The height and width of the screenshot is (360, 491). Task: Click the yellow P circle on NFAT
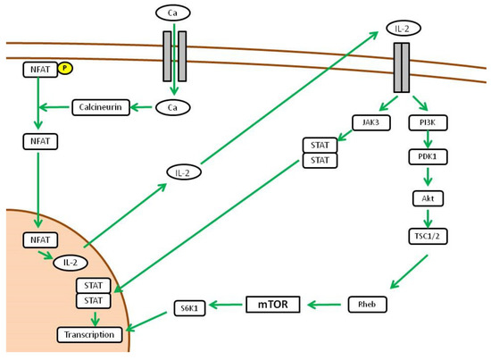click(64, 67)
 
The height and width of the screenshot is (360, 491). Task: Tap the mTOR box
click(272, 304)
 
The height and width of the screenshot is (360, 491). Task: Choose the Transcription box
click(91, 334)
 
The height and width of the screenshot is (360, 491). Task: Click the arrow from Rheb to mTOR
click(325, 305)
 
